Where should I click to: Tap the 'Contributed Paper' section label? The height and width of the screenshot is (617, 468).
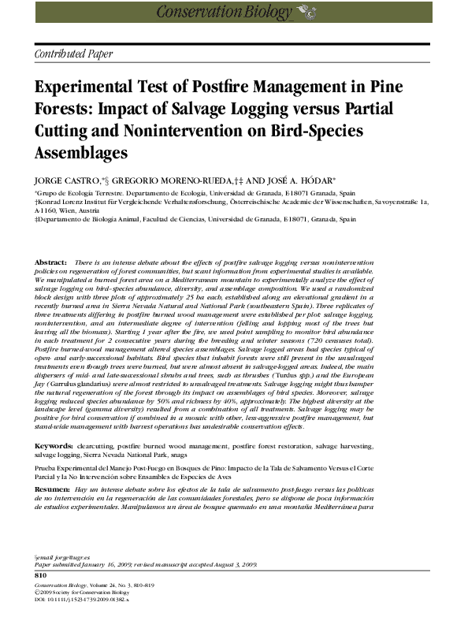pos(73,54)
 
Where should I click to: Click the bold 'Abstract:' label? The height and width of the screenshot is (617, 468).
pos(51,262)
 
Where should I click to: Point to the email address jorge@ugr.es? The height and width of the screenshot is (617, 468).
pos(60,556)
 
